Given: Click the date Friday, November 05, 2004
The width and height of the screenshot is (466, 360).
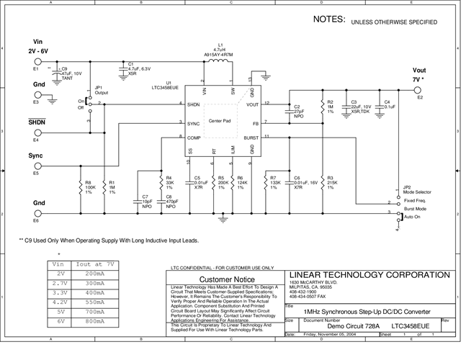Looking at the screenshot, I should click(x=330, y=335).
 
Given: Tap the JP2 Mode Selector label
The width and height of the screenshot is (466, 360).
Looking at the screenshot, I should click(x=413, y=190).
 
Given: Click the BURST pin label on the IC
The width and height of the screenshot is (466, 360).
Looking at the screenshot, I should click(x=250, y=136).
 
